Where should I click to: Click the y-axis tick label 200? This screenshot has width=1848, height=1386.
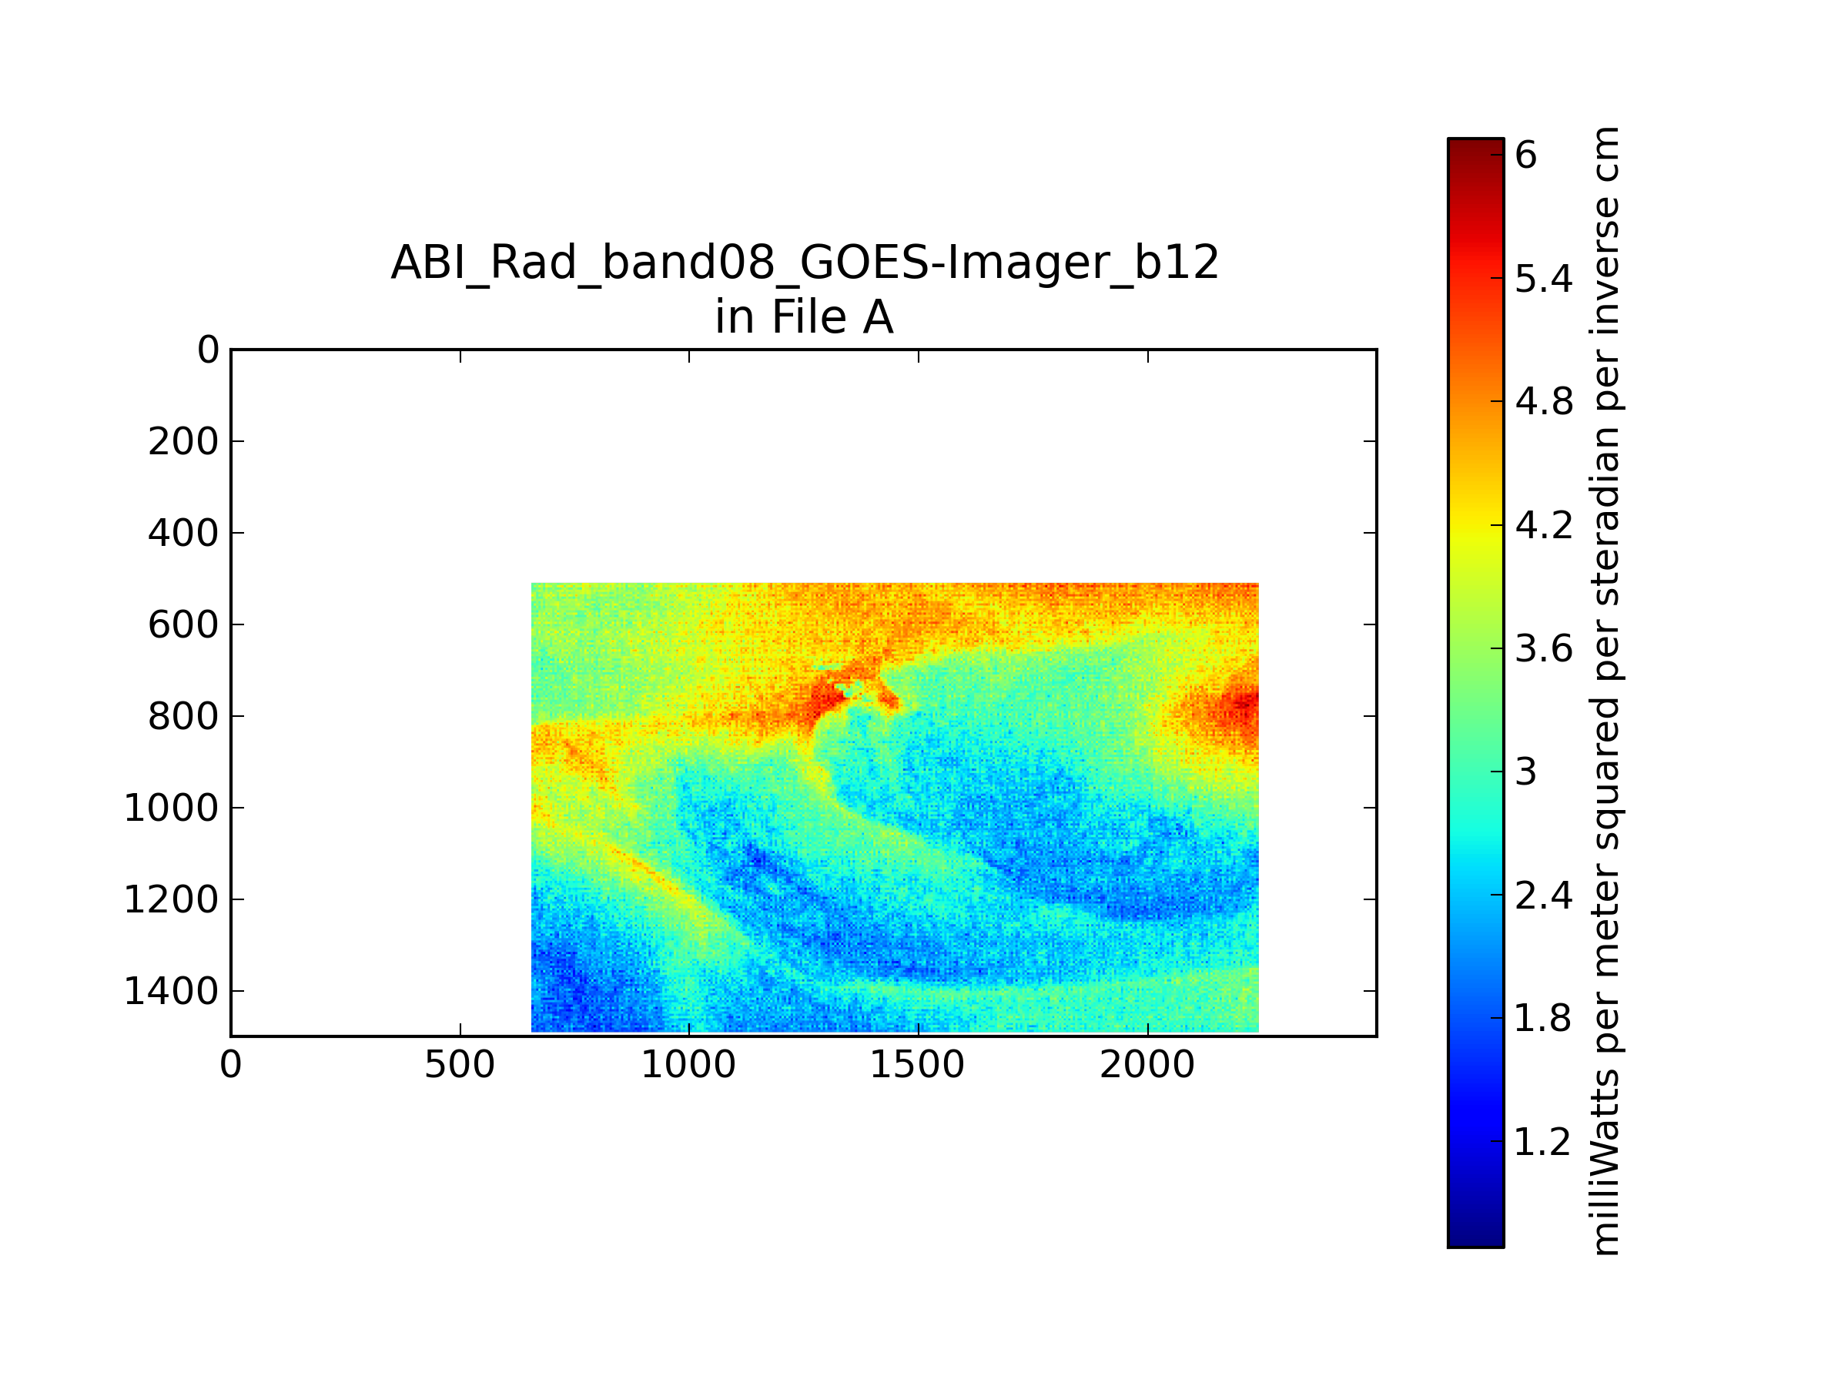click(x=183, y=441)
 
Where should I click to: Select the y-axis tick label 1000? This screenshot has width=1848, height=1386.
click(x=171, y=808)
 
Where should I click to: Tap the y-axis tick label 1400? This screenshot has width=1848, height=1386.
click(x=171, y=991)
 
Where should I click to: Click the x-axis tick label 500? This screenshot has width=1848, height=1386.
click(x=460, y=1065)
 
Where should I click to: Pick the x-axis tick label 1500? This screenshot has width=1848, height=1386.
click(x=917, y=1065)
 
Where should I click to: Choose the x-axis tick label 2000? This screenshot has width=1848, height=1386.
click(x=1147, y=1065)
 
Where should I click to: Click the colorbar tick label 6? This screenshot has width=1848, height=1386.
click(x=1525, y=156)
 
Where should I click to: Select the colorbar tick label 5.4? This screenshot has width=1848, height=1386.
click(x=1543, y=278)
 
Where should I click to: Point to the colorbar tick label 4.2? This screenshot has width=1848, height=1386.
click(x=1543, y=525)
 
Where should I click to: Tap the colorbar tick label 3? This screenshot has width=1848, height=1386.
click(x=1525, y=772)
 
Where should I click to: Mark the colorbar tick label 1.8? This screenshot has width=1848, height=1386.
click(x=1543, y=1019)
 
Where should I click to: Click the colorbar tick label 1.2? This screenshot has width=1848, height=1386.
click(x=1543, y=1142)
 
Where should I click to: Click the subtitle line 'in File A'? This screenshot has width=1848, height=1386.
click(x=805, y=317)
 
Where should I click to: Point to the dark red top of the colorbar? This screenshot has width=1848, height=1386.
click(x=1475, y=147)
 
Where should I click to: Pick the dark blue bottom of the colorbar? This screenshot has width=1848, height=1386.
click(x=1475, y=1237)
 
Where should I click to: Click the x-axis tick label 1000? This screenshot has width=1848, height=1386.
click(x=688, y=1065)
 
